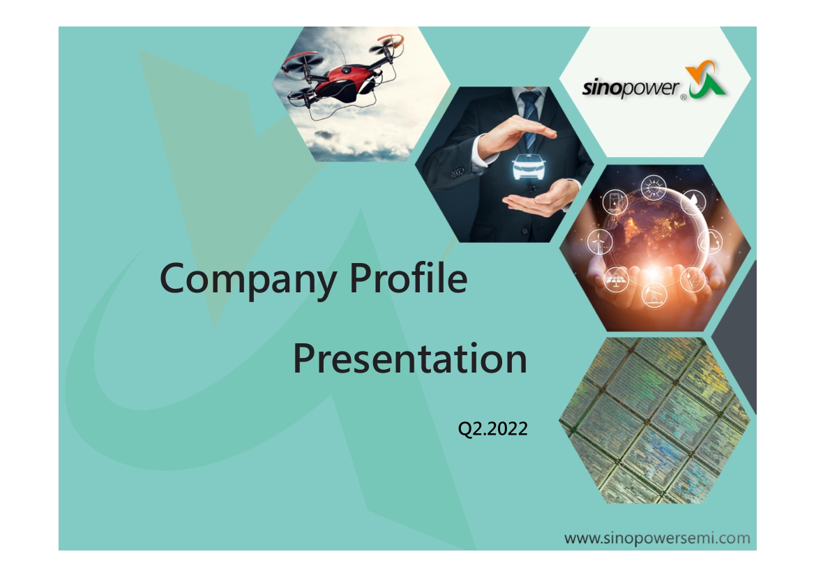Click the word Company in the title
[248, 279]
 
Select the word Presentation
[410, 359]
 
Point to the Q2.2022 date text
[493, 428]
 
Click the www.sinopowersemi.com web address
[657, 538]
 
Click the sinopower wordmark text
[630, 88]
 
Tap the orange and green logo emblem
[705, 79]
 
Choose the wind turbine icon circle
[600, 241]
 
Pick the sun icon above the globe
[653, 188]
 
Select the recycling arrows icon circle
[711, 241]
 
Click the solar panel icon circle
[616, 280]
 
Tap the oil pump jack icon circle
[654, 294]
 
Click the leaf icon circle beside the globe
[693, 280]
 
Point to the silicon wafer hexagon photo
[655, 420]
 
